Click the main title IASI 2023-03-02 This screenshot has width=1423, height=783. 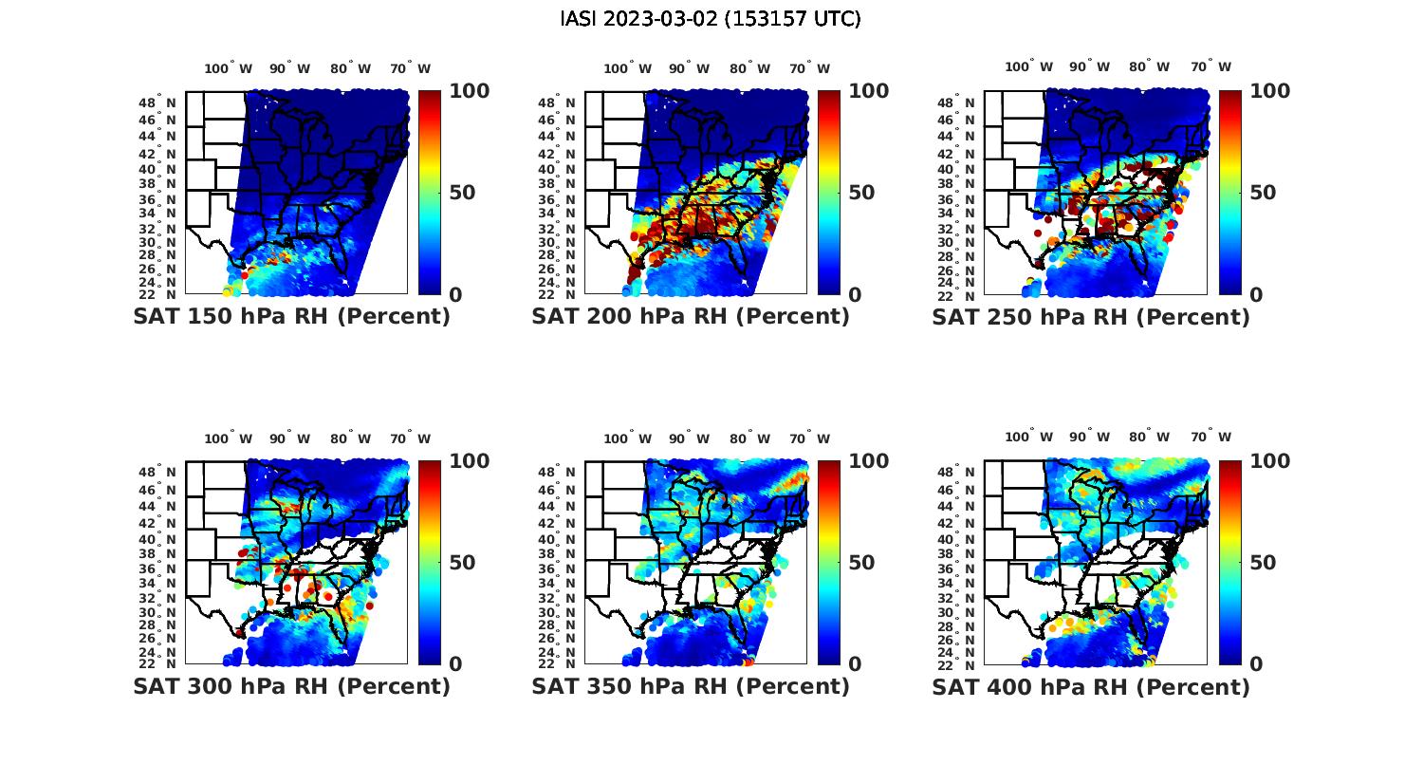click(x=711, y=19)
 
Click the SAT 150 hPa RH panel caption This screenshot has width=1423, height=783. click(x=291, y=316)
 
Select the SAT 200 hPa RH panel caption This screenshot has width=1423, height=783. click(x=691, y=316)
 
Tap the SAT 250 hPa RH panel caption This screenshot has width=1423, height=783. click(x=1091, y=316)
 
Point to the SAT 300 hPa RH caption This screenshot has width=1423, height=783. click(x=291, y=685)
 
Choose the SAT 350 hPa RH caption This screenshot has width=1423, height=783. click(x=691, y=685)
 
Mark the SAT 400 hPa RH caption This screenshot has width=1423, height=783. click(x=1091, y=685)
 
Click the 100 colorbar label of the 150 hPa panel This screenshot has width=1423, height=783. click(x=469, y=91)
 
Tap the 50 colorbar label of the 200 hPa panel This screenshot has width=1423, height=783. click(x=861, y=193)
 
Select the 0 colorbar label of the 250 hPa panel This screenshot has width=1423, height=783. click(x=1256, y=295)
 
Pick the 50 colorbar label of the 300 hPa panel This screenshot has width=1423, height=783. click(x=462, y=563)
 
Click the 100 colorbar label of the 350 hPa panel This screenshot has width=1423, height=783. click(x=868, y=461)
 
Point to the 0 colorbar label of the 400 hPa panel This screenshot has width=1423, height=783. click(x=1256, y=664)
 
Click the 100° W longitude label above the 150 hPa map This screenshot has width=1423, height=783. click(x=229, y=68)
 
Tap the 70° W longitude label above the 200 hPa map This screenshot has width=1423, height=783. click(x=809, y=68)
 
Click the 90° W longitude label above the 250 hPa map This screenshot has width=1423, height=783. click(x=1089, y=66)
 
